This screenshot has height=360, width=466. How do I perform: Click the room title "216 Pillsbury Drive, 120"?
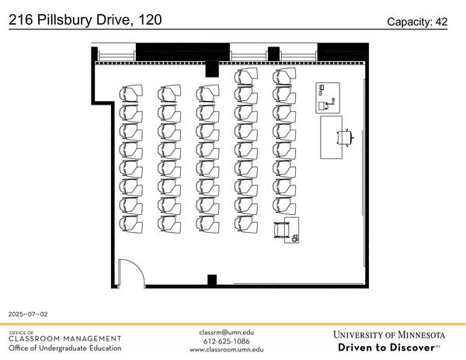[85, 19]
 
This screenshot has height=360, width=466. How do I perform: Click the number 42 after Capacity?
[440, 22]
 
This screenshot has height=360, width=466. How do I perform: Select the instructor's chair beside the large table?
[345, 137]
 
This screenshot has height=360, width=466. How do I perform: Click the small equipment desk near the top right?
[328, 97]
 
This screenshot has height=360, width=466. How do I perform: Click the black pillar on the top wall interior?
[210, 69]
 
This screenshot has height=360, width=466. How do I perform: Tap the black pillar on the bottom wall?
[210, 280]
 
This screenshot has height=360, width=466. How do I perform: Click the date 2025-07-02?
[28, 314]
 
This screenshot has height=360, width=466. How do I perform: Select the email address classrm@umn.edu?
[226, 332]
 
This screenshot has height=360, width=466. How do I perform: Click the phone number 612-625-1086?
[226, 341]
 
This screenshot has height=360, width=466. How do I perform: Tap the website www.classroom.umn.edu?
[226, 350]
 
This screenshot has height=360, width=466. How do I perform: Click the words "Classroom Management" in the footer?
[65, 338]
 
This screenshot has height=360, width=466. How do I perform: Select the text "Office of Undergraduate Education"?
[65, 348]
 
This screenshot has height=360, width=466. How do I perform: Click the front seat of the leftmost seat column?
[129, 94]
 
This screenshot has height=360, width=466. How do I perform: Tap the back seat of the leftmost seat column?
[129, 224]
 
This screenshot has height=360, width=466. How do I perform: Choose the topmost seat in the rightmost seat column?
[283, 76]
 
